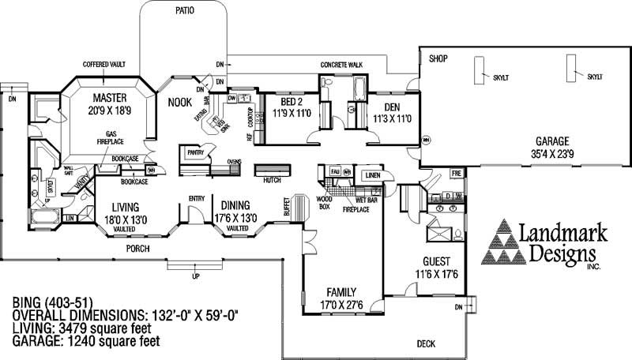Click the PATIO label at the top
183,11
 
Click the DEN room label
392,107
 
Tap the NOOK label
181,102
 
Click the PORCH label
137,249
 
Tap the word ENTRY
197,199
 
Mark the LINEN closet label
371,175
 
